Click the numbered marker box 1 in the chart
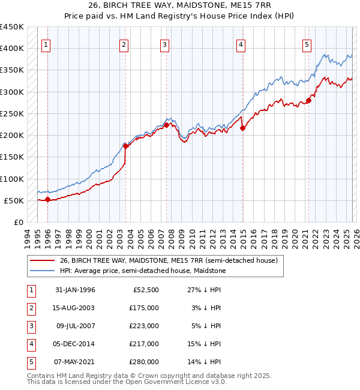click(x=46, y=44)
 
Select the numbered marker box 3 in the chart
click(x=164, y=44)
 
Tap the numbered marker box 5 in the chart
click(x=307, y=44)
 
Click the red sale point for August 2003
click(x=125, y=146)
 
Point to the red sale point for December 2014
click(x=243, y=127)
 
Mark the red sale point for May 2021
click(x=309, y=100)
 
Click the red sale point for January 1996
click(x=47, y=200)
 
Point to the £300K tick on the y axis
click(x=12, y=92)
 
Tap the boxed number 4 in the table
click(x=30, y=344)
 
